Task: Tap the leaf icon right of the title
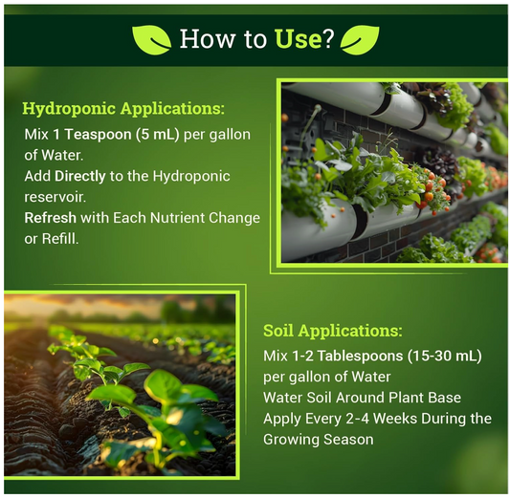click(x=359, y=39)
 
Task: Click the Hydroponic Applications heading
click(x=123, y=107)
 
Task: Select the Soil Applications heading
click(x=332, y=331)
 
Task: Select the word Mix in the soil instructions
click(x=276, y=356)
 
